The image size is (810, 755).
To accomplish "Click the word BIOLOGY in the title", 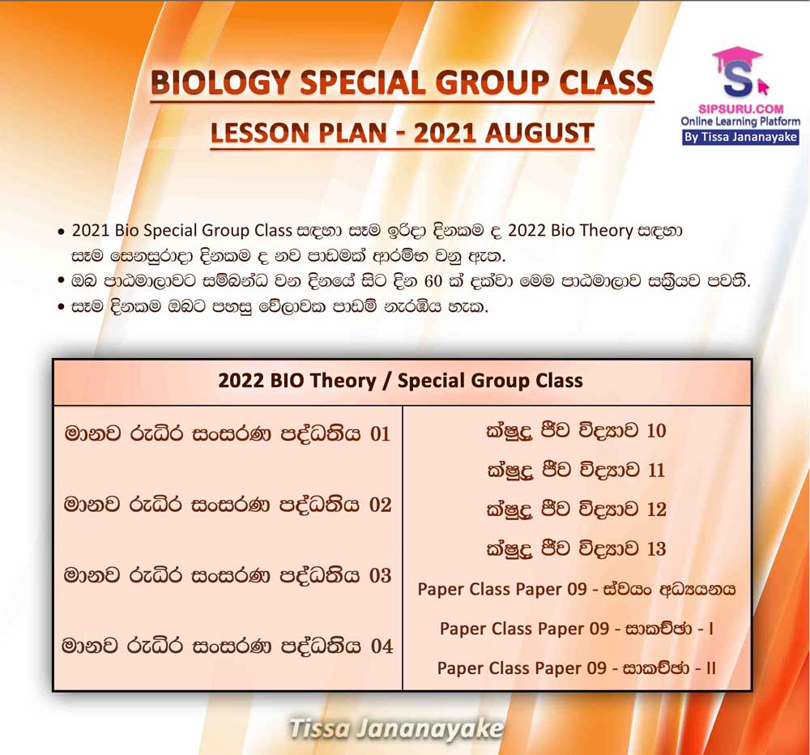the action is [220, 83].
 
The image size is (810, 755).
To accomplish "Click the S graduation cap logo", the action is [739, 72].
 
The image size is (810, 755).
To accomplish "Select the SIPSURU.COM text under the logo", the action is [741, 109].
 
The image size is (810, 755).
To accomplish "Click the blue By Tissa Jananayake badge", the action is [741, 138].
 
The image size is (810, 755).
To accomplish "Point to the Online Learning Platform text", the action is [740, 122].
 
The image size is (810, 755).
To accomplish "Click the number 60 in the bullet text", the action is [433, 282].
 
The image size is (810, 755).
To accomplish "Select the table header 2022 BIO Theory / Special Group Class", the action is [400, 381].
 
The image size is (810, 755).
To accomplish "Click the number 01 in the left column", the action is [380, 433].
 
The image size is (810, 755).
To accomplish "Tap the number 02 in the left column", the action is [380, 505].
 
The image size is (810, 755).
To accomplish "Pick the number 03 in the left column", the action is [380, 576].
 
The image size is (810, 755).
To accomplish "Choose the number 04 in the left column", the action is [382, 646].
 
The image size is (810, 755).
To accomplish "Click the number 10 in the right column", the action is [656, 430].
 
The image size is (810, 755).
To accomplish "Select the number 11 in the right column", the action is [655, 470].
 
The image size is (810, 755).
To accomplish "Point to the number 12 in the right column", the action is [656, 509].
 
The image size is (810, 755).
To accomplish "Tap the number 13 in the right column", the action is [656, 548].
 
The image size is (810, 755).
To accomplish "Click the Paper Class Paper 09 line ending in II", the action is [577, 668].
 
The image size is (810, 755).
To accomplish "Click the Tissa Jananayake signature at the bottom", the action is [396, 728].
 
